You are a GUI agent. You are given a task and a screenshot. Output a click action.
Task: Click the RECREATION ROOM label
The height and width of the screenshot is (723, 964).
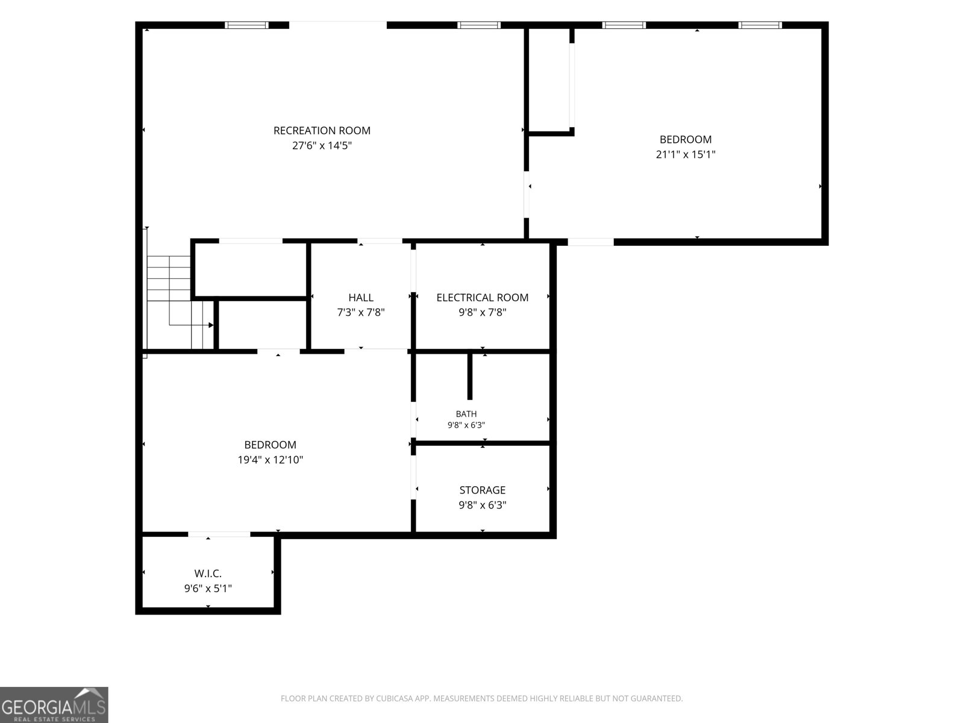[322, 130]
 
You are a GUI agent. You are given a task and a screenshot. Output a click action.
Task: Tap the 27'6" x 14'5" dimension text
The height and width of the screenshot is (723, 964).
[322, 145]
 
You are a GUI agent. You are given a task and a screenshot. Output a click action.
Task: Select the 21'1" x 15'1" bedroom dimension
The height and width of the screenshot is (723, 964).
[686, 154]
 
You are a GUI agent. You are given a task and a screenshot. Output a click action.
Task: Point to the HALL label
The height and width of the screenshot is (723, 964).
[361, 297]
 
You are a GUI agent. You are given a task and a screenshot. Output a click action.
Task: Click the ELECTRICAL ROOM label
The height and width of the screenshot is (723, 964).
[482, 297]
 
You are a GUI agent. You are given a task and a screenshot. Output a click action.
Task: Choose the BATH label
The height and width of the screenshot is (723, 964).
[466, 413]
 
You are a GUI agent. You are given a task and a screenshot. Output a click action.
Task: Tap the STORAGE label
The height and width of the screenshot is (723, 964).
[482, 490]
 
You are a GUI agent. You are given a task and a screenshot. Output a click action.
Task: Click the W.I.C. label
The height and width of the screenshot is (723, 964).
[208, 574]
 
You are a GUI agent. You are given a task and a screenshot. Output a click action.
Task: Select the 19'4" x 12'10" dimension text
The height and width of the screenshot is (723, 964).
[270, 460]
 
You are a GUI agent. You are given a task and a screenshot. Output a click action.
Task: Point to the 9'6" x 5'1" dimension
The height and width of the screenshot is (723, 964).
[208, 588]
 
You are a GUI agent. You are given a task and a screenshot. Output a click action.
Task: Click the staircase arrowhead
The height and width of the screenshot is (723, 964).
[211, 325]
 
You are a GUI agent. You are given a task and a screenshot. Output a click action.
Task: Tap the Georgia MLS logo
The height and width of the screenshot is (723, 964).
[54, 704]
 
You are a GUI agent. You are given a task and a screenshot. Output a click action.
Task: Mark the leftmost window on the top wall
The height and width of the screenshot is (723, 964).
[246, 25]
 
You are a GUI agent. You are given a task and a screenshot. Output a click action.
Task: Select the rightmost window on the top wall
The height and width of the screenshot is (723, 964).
[760, 25]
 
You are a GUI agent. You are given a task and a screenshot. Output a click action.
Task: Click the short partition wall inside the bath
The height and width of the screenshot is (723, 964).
[469, 376]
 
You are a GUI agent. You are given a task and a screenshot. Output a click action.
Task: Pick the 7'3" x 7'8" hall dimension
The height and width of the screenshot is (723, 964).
[361, 312]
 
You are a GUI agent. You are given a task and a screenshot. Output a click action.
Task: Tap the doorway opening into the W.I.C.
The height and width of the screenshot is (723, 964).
[219, 534]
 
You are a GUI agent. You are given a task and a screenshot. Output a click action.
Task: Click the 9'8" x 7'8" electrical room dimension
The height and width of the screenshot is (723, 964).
[482, 312]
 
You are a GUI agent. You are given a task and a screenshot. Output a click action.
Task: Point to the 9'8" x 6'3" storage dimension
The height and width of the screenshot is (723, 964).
[482, 505]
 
